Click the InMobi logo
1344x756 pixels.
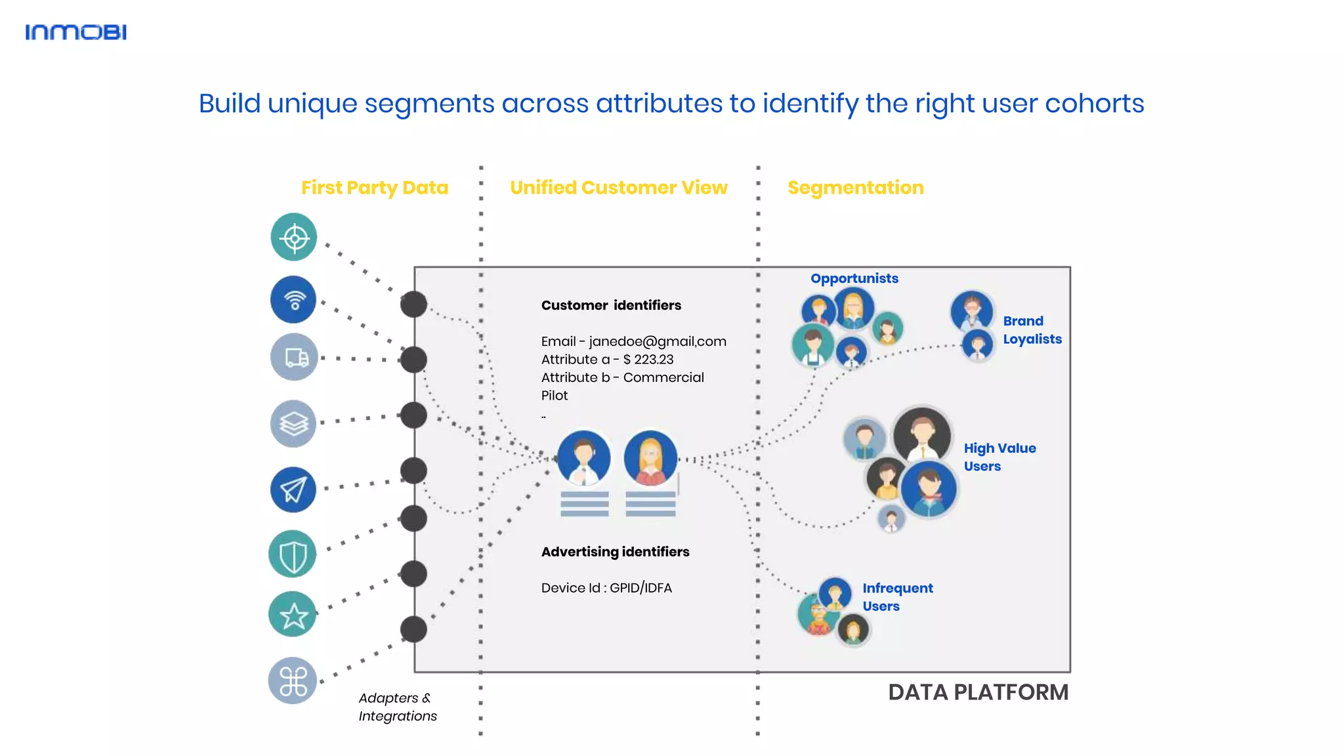(x=75, y=32)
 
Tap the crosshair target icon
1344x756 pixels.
(x=294, y=237)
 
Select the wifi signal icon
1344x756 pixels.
(x=293, y=299)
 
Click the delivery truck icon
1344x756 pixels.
(x=294, y=357)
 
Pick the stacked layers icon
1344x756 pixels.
(x=293, y=423)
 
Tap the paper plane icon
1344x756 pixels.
(x=293, y=490)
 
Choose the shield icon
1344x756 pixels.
(x=293, y=554)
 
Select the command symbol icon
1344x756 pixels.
(x=293, y=681)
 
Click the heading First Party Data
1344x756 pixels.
(x=375, y=188)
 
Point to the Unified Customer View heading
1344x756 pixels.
(x=619, y=188)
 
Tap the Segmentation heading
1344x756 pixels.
(x=855, y=188)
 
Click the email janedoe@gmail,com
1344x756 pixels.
(x=657, y=341)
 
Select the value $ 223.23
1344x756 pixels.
(x=648, y=360)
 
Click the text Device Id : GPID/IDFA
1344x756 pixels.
(x=606, y=588)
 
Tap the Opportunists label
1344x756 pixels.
(x=854, y=278)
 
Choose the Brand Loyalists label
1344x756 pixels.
(x=1032, y=330)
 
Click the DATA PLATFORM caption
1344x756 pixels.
(x=978, y=692)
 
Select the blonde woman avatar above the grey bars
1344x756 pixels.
(x=650, y=458)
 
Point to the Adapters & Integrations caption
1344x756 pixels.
(x=397, y=707)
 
